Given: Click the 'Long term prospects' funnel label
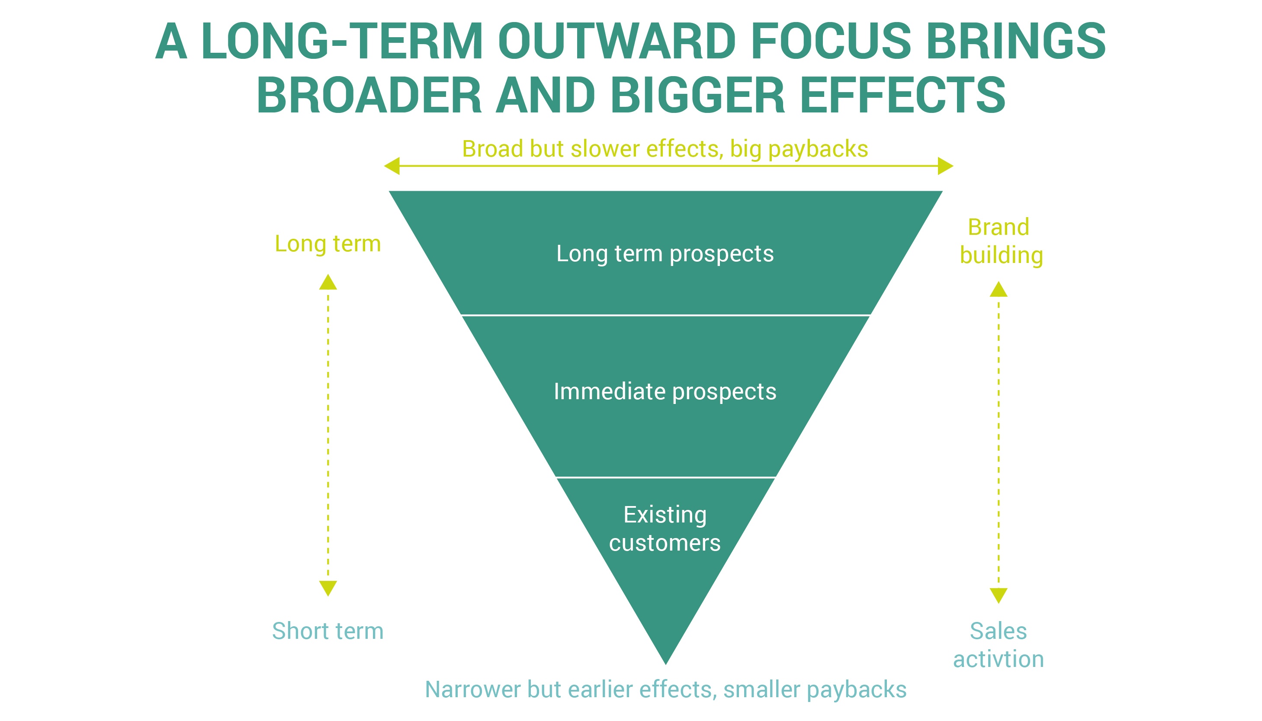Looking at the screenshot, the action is (x=665, y=254).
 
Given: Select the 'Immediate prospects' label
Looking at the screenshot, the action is (x=665, y=392).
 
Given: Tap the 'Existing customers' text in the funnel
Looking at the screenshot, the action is (x=665, y=529).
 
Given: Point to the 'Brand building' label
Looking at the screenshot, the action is (x=1001, y=241).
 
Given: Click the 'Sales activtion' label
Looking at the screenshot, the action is (x=999, y=645).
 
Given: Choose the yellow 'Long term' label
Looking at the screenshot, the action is (x=328, y=244).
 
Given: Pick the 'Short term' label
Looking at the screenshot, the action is (x=328, y=631).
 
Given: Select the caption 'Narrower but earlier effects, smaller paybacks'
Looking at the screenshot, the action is (x=666, y=690).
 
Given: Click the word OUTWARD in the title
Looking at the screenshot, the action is (x=617, y=41).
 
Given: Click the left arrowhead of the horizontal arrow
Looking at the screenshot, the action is (x=392, y=166).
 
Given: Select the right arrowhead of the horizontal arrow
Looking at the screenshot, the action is (x=945, y=166).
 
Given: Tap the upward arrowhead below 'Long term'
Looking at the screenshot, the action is (x=328, y=282).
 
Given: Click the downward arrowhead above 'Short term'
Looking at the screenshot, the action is (x=328, y=588).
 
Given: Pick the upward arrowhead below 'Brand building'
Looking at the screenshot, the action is (x=999, y=290).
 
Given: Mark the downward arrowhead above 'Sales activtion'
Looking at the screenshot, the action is (x=999, y=596).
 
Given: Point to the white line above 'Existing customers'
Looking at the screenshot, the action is (x=666, y=477).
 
